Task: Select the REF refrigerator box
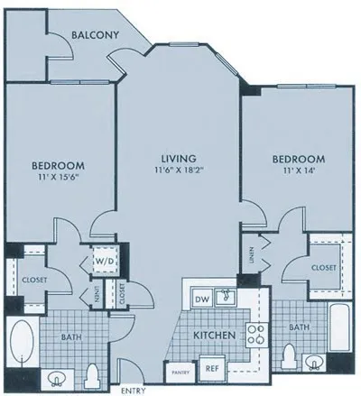coord(213,367)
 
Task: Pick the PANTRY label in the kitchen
coord(177,370)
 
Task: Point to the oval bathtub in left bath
coord(22,345)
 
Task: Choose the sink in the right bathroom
coord(315,364)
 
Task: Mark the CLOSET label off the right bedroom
coord(323,268)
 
